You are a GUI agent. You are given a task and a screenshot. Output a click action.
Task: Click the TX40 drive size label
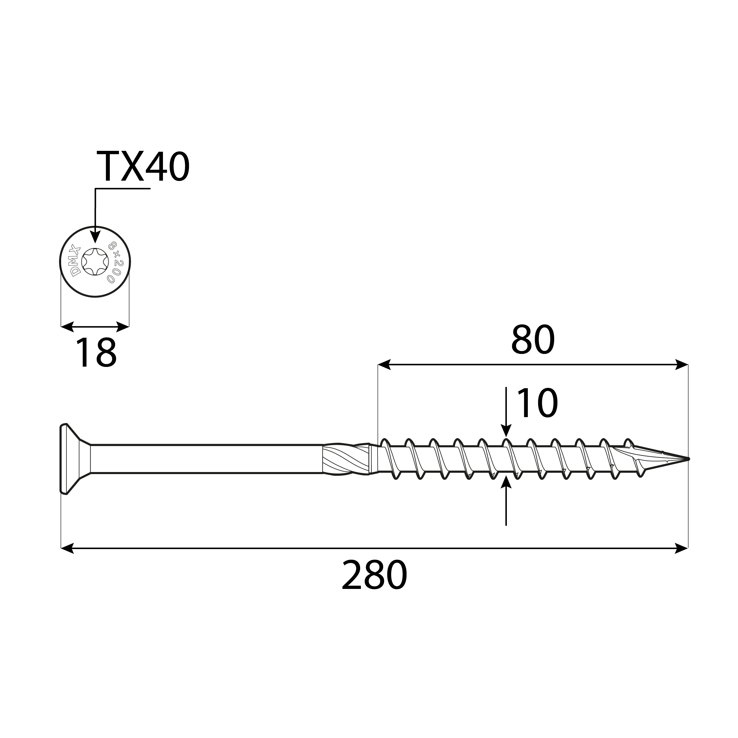[x=143, y=167]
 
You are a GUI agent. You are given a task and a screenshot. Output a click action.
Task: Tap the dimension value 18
[x=96, y=353]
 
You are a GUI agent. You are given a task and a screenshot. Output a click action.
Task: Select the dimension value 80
[x=533, y=340]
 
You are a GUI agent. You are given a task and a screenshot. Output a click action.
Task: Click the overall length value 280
[x=374, y=575]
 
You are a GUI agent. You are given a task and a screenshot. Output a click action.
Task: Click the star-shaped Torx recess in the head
[x=95, y=262]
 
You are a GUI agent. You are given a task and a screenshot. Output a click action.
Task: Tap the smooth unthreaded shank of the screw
[x=206, y=459]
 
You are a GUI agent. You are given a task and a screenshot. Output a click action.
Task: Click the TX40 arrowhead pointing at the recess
[x=95, y=237]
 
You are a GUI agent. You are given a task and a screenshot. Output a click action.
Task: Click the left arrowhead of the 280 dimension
[x=67, y=548]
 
